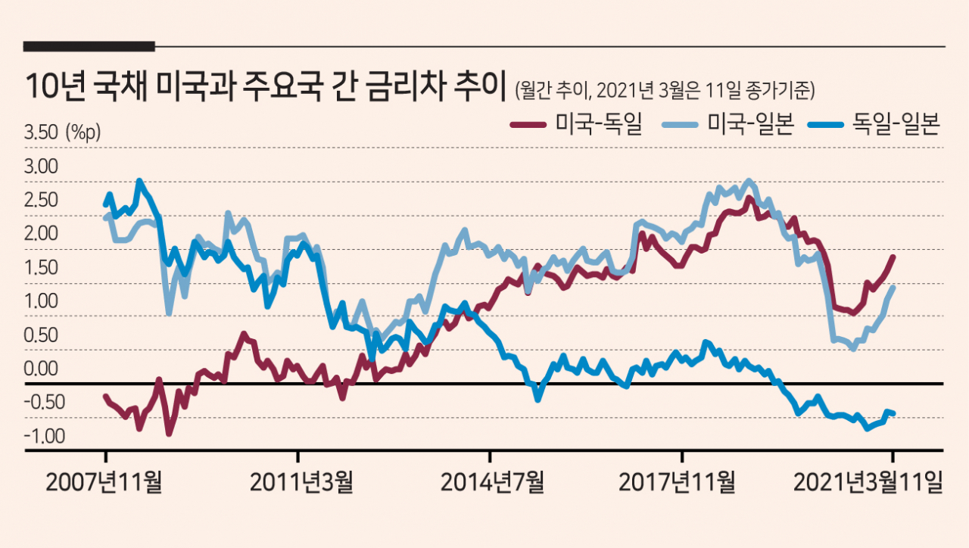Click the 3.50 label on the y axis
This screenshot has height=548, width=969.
coord(42,132)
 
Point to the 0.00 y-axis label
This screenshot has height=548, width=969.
coord(42,369)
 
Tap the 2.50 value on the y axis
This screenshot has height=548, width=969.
coord(42,201)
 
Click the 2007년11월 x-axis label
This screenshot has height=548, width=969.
coord(105,481)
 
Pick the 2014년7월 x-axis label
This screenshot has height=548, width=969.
coord(492,481)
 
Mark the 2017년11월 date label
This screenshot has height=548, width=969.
coord(677,481)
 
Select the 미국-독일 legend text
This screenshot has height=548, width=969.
coord(599,124)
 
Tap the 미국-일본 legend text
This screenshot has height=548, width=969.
coord(749,124)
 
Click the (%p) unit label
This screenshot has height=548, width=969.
coord(83,132)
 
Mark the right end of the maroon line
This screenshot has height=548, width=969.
coord(893,257)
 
